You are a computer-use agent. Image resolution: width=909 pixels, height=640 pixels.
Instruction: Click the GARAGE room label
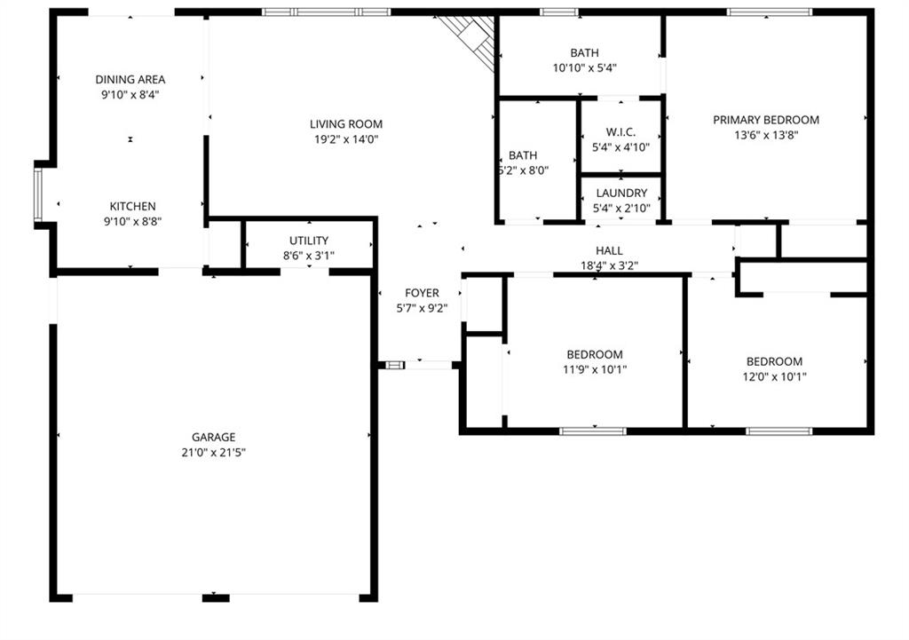[213, 437]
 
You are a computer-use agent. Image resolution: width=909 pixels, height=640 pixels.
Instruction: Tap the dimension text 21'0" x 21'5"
[213, 452]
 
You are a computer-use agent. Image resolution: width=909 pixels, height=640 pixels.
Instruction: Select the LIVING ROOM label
[346, 124]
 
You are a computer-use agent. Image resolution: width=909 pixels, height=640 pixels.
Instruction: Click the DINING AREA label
[130, 79]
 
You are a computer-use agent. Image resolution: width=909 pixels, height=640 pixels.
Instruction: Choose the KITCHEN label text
[133, 206]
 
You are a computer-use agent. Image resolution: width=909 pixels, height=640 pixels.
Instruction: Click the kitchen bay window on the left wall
[38, 194]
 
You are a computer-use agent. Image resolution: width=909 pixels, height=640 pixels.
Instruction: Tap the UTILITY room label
[309, 241]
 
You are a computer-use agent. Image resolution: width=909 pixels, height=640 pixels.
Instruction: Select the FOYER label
[422, 293]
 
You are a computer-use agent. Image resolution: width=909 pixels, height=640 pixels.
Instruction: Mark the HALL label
[609, 250]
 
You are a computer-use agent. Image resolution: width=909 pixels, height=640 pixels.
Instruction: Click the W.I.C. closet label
[620, 132]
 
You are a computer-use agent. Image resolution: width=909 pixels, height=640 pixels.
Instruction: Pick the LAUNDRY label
[621, 193]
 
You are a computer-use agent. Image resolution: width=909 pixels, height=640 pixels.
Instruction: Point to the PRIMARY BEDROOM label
[766, 120]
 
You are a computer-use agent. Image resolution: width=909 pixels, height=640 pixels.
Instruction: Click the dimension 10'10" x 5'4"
[584, 67]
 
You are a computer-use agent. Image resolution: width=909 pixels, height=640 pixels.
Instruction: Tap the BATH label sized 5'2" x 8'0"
[523, 155]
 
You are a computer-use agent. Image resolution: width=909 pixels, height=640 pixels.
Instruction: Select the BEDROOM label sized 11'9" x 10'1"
[595, 355]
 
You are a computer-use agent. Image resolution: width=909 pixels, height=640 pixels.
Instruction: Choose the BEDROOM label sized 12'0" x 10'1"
[774, 362]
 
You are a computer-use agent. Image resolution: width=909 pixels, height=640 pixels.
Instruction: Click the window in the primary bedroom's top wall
[770, 12]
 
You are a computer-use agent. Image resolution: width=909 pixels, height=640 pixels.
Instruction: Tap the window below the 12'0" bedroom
[779, 431]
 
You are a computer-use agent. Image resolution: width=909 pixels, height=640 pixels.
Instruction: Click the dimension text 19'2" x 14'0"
[346, 139]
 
